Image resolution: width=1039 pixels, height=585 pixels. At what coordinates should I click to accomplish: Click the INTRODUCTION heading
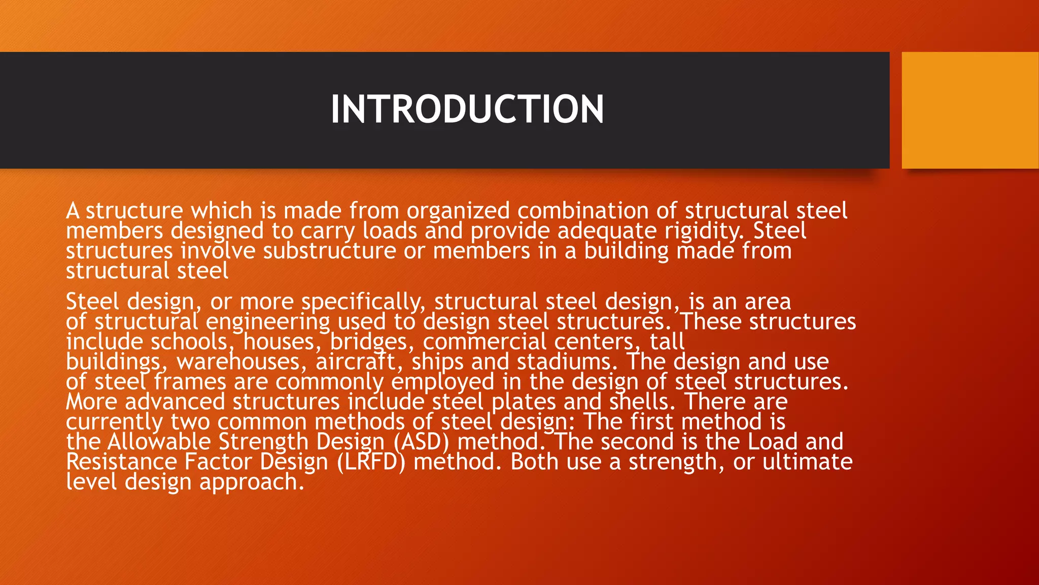[x=467, y=110]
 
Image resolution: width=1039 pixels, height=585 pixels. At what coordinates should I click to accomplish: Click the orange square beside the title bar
[x=969, y=110]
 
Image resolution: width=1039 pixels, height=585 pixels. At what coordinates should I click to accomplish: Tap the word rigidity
[x=704, y=232]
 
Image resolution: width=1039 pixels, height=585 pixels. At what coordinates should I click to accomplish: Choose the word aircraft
[x=356, y=362]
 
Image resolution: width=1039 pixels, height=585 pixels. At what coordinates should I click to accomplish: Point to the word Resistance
[x=121, y=462]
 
